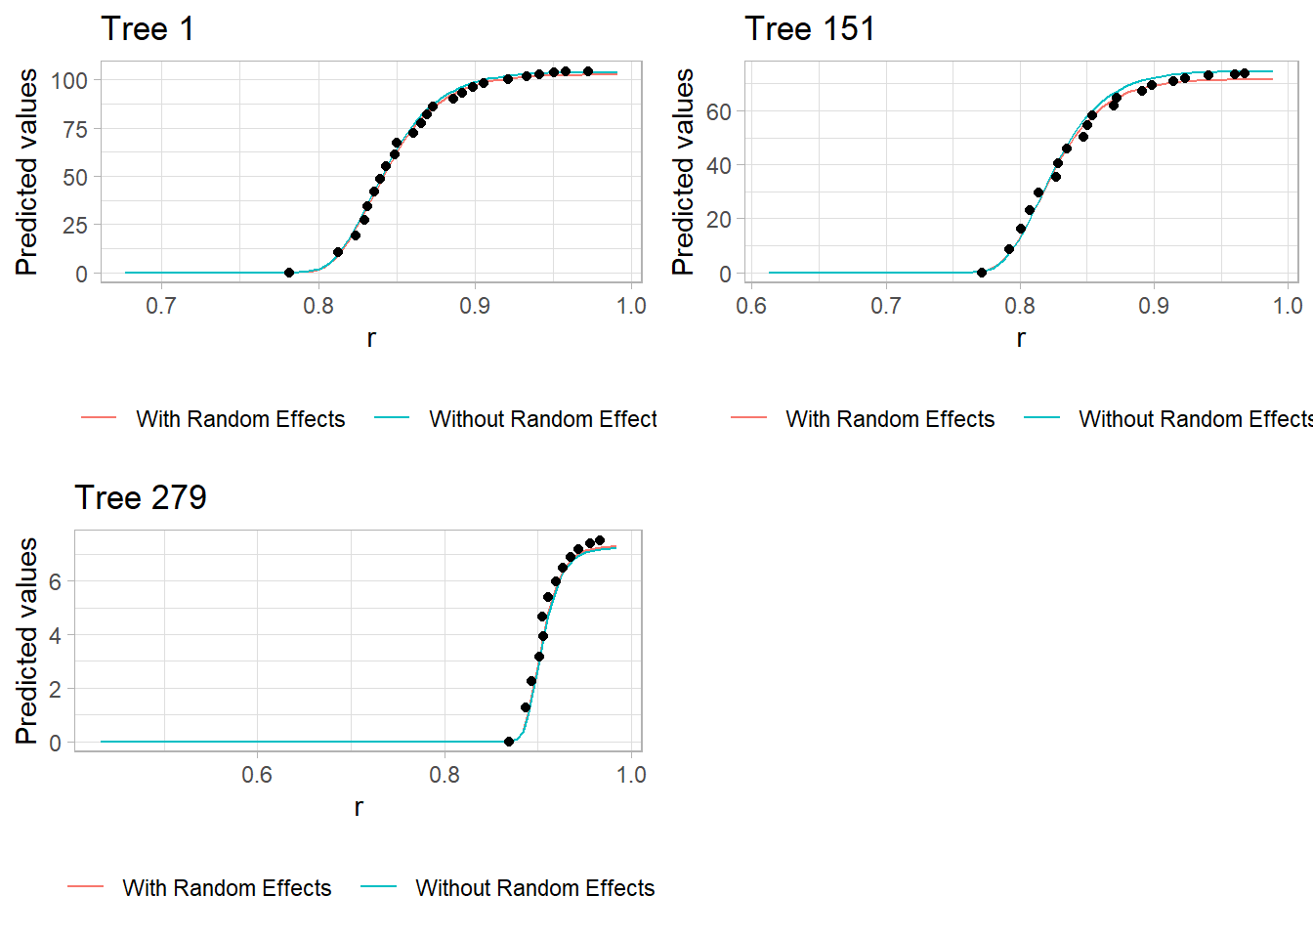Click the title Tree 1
pyautogui.click(x=148, y=29)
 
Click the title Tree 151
pyautogui.click(x=809, y=29)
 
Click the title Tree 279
pyautogui.click(x=141, y=498)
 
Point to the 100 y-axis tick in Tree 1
pyautogui.click(x=69, y=81)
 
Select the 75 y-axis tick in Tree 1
pyautogui.click(x=75, y=130)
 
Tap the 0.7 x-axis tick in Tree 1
pyautogui.click(x=161, y=306)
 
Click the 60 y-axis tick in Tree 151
pyautogui.click(x=719, y=112)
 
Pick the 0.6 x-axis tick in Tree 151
pyautogui.click(x=751, y=306)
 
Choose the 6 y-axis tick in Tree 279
pyautogui.click(x=55, y=582)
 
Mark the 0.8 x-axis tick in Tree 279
pyautogui.click(x=445, y=775)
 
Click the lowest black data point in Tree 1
pyautogui.click(x=289, y=273)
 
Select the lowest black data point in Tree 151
pyautogui.click(x=982, y=273)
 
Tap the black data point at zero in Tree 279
pyautogui.click(x=509, y=742)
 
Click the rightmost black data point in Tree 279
pyautogui.click(x=600, y=540)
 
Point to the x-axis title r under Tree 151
pyautogui.click(x=1021, y=338)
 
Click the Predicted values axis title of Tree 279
pyautogui.click(x=27, y=641)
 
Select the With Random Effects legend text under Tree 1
pyautogui.click(x=240, y=419)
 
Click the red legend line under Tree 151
pyautogui.click(x=749, y=418)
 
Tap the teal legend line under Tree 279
pyautogui.click(x=379, y=887)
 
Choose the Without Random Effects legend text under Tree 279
pyautogui.click(x=535, y=888)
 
